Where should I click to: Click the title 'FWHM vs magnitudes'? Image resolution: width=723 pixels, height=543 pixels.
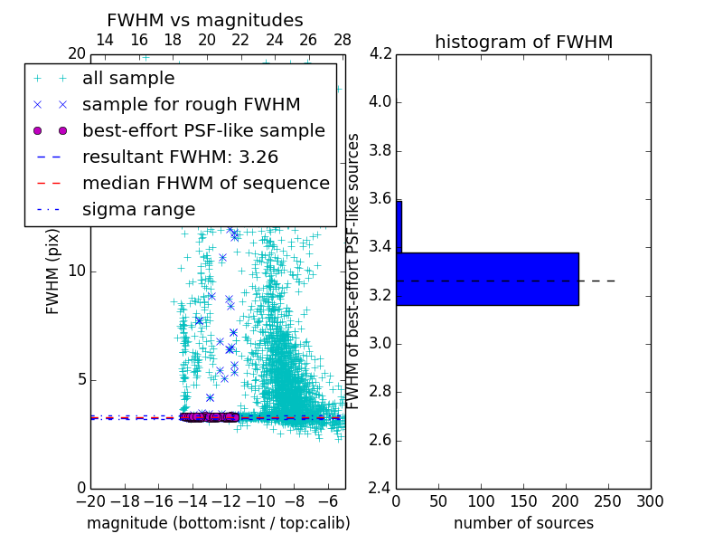205,20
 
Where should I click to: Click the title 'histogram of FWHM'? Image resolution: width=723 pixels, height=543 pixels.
523,42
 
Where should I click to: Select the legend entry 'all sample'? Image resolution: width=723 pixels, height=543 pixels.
128,79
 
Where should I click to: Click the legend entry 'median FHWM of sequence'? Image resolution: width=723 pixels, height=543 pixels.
205,184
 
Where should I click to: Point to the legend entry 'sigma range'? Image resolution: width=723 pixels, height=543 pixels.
138,210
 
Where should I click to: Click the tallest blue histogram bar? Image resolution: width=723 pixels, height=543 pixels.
487,279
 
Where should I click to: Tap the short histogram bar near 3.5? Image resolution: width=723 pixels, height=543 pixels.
399,226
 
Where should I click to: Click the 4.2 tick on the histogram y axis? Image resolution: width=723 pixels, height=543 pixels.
380,53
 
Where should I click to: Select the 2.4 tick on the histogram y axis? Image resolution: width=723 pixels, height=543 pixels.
380,489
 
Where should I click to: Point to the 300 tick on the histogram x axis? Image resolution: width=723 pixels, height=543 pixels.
651,501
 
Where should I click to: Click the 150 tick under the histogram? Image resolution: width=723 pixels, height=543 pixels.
523,501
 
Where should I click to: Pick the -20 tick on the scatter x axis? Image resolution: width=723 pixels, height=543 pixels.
90,501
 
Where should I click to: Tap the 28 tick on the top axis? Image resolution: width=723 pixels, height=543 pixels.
343,40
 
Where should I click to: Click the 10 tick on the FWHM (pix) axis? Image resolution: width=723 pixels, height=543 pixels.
77,271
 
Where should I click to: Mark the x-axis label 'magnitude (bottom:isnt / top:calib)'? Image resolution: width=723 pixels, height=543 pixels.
218,523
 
